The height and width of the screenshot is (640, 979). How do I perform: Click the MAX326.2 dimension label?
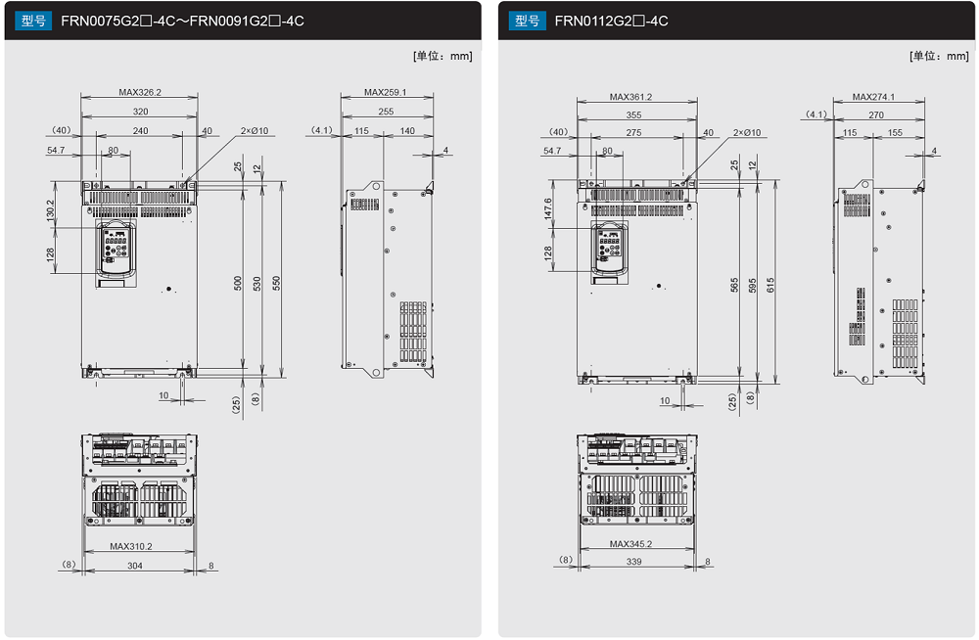pos(140,92)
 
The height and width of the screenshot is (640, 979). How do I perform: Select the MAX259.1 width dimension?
pos(385,92)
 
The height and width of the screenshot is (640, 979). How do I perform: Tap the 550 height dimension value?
pos(277,283)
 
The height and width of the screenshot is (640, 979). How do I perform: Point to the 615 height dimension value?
pos(770,286)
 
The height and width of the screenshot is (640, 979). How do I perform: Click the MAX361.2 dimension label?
pos(630,97)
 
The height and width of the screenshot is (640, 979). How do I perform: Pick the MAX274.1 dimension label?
pos(873,97)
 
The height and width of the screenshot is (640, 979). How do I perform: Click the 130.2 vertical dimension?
pos(51,210)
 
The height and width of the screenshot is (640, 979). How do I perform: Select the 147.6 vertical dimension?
pos(547,208)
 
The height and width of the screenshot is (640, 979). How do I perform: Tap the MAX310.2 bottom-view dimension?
pos(131,546)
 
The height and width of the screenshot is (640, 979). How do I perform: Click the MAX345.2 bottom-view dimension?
pos(630,544)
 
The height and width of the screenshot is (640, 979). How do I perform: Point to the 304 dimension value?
pos(135,566)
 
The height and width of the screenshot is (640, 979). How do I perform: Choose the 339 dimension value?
pos(633,562)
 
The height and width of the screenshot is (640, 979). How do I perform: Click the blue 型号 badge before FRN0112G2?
pos(527,21)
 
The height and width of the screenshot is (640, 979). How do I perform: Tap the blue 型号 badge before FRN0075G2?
pos(33,21)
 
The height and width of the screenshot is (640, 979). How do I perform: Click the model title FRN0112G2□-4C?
pos(611,21)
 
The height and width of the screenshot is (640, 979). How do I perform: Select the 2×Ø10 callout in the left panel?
pos(255,130)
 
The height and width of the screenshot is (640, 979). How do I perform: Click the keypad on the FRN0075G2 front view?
pos(117,248)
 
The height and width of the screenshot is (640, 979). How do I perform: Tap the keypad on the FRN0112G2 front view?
pos(609,246)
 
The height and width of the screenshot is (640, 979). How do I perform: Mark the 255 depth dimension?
pos(386,112)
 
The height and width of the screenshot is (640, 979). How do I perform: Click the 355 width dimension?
pos(633,114)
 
